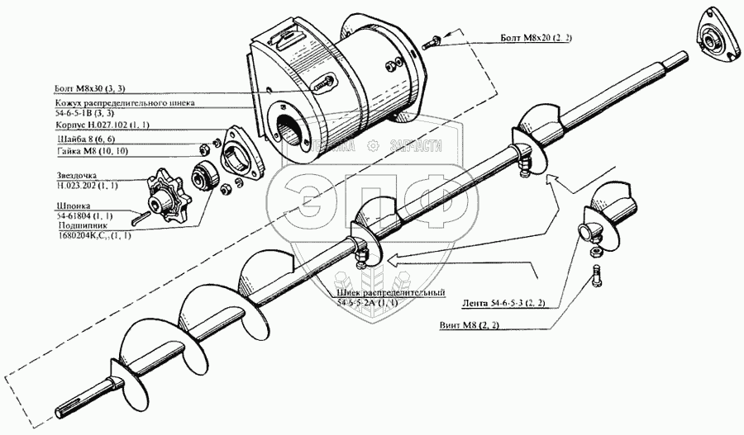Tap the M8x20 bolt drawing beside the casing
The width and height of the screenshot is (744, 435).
(x=436, y=38)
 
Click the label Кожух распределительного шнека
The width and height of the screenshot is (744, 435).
(x=121, y=105)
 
